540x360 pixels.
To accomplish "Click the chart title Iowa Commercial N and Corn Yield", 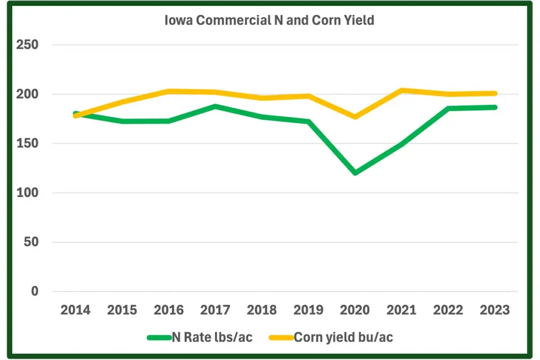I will (269, 21).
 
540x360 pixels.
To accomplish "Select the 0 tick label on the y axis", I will (35, 291).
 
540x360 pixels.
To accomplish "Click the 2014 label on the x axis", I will (75, 310).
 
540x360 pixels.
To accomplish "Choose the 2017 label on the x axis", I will (215, 310).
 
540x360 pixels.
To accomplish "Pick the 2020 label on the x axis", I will (355, 310).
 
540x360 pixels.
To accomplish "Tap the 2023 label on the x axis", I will (495, 310).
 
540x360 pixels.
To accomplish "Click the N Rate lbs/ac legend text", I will (212, 337).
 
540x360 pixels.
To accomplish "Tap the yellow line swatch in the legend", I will (281, 337).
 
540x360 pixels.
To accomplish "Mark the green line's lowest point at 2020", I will (355, 172).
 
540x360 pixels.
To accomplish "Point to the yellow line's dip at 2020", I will (355, 116).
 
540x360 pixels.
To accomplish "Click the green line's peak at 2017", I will (215, 106).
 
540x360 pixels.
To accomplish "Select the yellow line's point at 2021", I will (402, 90).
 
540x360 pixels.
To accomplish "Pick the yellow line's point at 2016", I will (169, 91).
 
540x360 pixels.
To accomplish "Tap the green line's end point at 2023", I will (495, 107).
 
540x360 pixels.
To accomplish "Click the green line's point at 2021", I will (402, 144).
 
